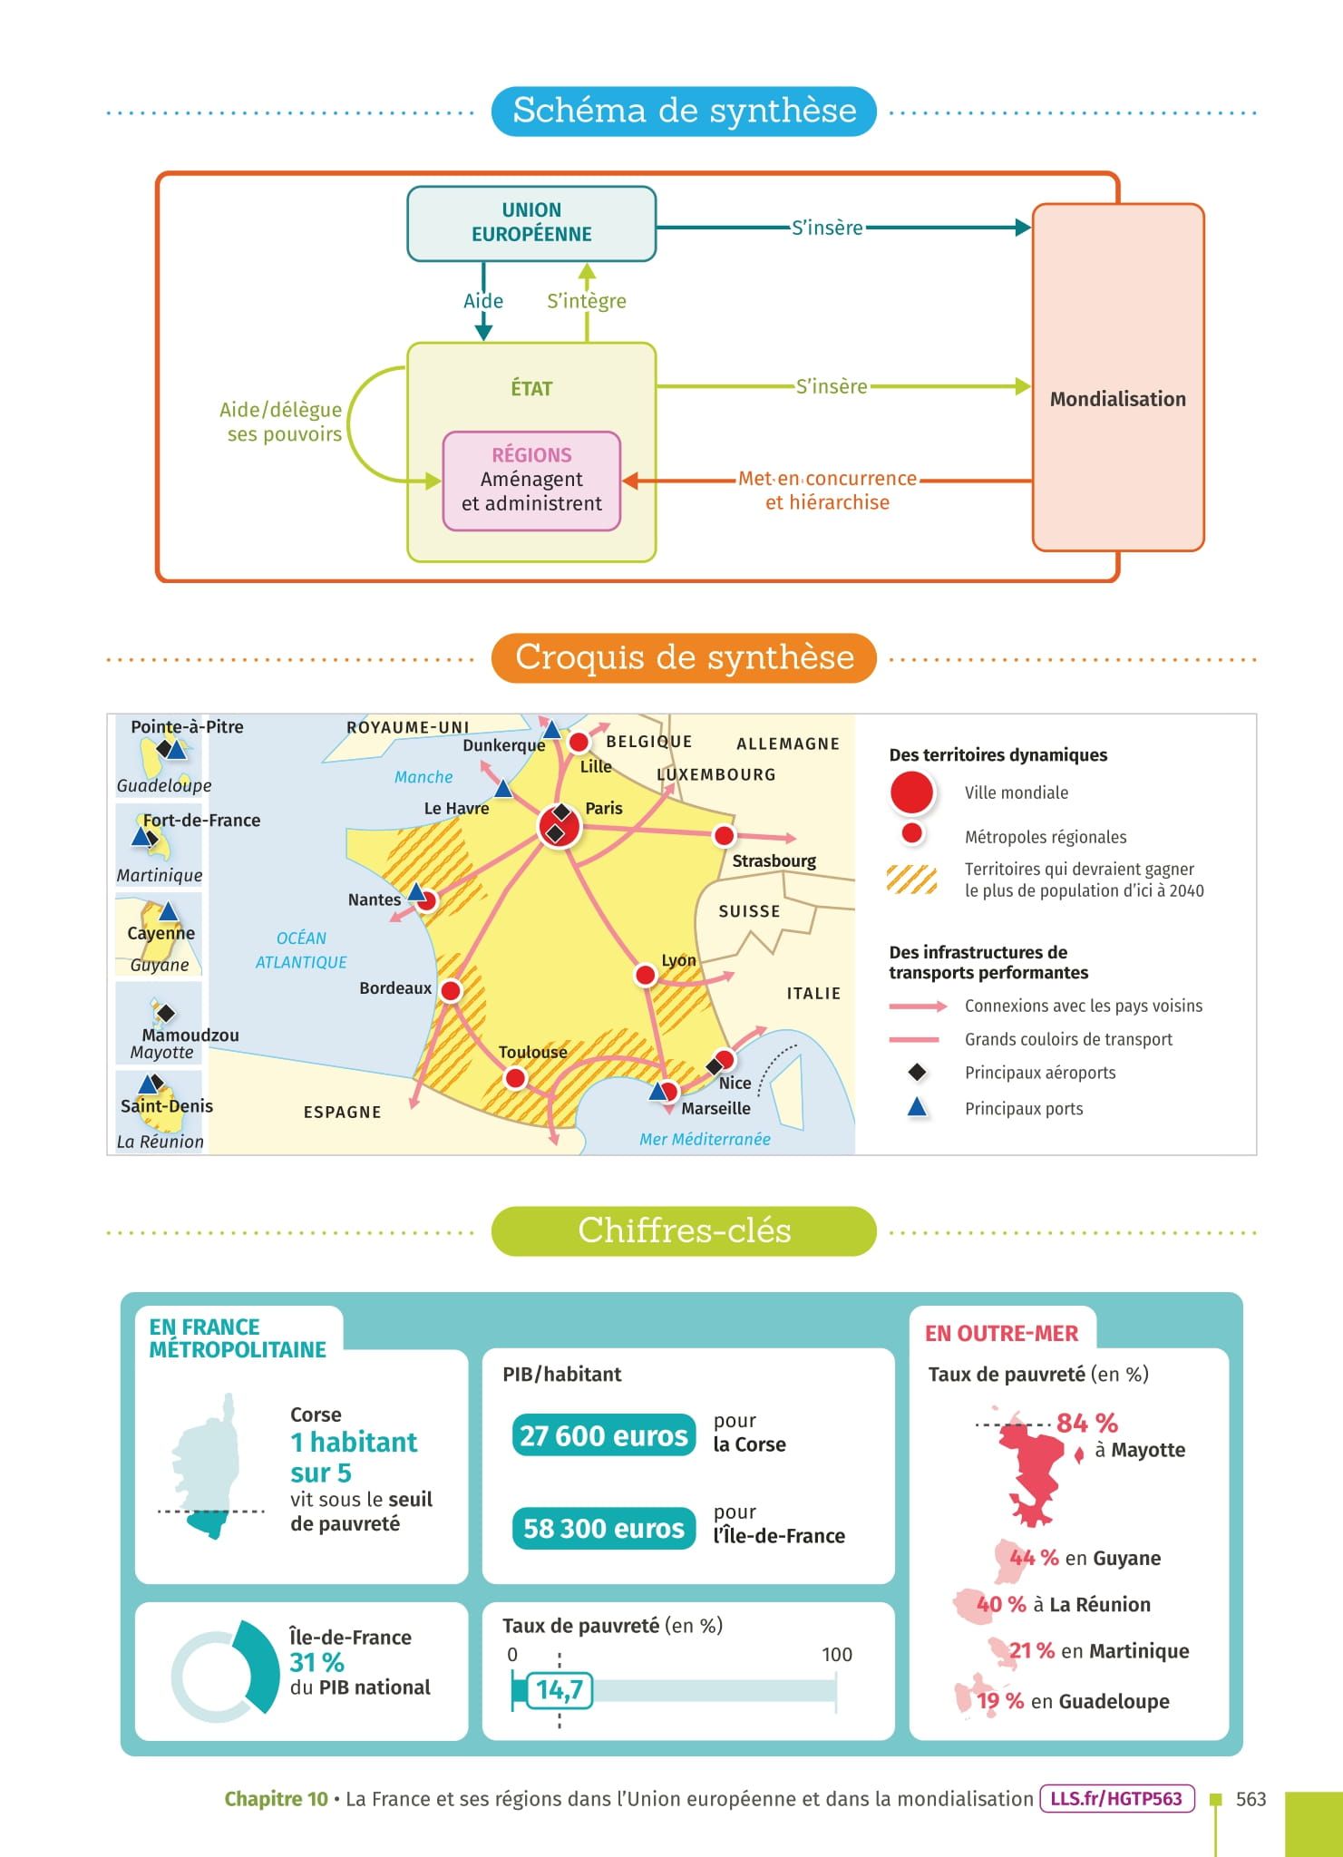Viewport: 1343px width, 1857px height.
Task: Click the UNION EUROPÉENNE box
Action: [531, 223]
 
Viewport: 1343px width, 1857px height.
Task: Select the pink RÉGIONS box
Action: [531, 481]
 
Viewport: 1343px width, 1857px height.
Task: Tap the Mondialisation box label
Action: [1117, 399]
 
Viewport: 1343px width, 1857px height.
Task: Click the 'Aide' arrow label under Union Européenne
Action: [483, 301]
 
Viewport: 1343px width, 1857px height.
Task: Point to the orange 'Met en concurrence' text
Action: [827, 479]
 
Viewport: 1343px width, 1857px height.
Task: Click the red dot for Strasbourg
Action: [724, 835]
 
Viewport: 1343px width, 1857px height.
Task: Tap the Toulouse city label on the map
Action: [532, 1052]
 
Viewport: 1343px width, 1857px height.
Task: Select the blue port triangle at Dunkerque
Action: [551, 729]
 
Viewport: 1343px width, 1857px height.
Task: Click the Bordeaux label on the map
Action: [395, 987]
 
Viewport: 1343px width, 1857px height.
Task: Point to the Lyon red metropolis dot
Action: [645, 975]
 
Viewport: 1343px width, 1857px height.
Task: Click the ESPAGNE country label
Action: [342, 1112]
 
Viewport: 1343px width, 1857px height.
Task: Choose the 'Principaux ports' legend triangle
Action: [918, 1107]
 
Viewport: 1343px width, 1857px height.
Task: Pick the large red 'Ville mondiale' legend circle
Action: [912, 792]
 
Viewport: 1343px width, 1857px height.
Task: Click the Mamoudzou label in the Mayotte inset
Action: [190, 1035]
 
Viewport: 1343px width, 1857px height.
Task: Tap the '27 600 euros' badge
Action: [604, 1436]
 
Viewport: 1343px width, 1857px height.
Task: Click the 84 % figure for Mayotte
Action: [1086, 1423]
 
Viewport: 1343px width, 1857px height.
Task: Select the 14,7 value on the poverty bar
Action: [560, 1689]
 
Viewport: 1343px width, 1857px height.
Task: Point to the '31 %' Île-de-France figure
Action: [317, 1662]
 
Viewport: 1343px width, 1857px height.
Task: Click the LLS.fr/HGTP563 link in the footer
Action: [1116, 1798]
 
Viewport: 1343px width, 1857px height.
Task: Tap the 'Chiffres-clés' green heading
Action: [684, 1230]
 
